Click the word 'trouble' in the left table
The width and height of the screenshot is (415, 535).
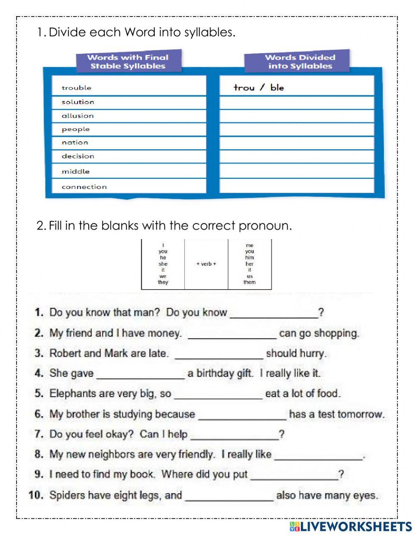(76, 88)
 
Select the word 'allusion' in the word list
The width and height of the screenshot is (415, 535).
(78, 116)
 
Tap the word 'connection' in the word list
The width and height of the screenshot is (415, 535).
(84, 187)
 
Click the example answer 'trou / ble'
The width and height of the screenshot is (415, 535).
(259, 87)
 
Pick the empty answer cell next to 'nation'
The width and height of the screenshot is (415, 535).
(296, 143)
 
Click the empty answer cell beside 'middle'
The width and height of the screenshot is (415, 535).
(296, 171)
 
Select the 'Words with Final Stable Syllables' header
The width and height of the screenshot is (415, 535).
(128, 62)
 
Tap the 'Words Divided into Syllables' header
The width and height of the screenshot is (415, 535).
(300, 62)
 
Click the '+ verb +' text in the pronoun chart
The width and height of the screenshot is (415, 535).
(206, 264)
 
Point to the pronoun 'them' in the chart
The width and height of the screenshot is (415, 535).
(249, 282)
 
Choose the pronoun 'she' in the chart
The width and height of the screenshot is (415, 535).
(163, 264)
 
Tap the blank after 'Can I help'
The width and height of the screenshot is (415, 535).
(234, 435)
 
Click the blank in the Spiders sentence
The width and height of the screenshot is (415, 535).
(229, 496)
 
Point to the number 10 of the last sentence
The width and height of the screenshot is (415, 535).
(36, 495)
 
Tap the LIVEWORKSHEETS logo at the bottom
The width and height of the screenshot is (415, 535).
(350, 526)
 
